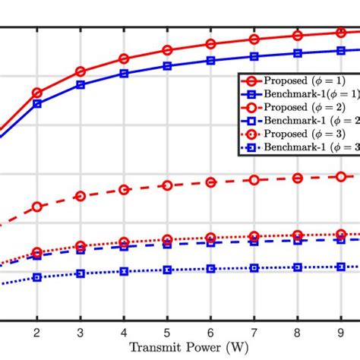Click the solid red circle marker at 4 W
(125, 59)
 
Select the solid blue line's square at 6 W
(211, 60)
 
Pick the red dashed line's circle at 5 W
(168, 185)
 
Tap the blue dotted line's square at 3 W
(81, 273)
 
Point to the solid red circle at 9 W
(341, 33)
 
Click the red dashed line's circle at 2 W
(36, 207)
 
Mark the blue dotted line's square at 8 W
(298, 267)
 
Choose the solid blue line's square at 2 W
(36, 104)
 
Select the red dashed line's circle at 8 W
(298, 178)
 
